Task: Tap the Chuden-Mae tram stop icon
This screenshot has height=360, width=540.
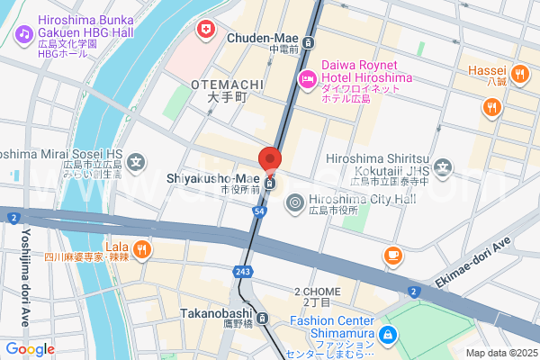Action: [x=309, y=41]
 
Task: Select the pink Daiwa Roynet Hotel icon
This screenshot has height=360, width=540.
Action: [x=307, y=79]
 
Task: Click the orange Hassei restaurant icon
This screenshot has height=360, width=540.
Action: [x=518, y=74]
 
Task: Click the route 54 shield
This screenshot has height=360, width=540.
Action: [x=259, y=210]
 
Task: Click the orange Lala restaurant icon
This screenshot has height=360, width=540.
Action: [x=141, y=247]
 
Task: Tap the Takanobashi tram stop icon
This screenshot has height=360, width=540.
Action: [x=262, y=318]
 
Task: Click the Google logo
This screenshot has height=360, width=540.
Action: [x=30, y=349]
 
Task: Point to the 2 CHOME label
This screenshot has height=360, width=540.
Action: [x=317, y=292]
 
